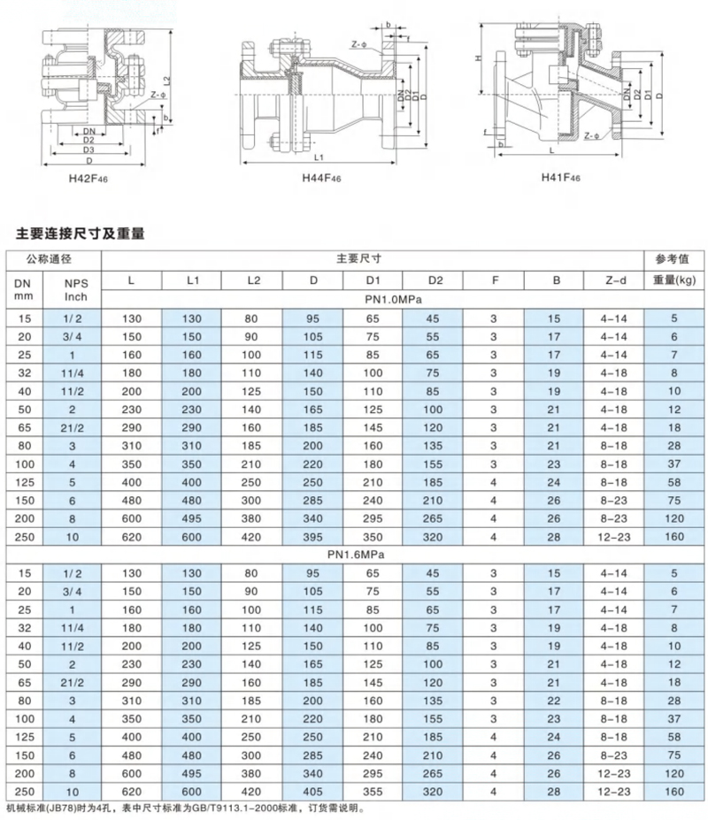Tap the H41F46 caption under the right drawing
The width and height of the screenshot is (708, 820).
point(560,177)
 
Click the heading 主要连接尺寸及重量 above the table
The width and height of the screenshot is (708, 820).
point(81,234)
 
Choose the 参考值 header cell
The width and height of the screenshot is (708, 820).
point(675,258)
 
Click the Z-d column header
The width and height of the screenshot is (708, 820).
point(614,280)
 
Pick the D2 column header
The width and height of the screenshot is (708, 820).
point(433,280)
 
